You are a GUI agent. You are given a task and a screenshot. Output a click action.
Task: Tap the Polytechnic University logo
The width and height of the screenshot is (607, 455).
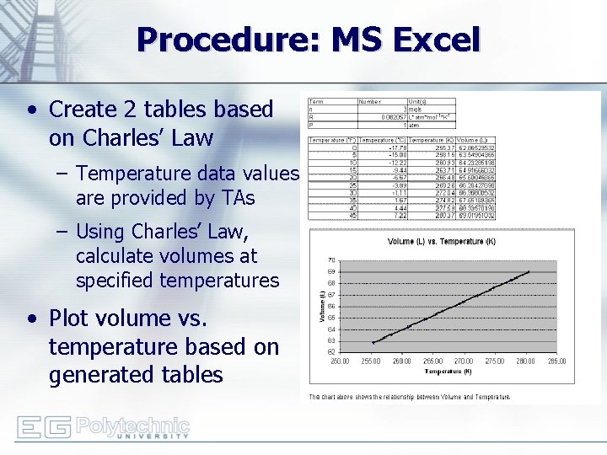pyautogui.click(x=103, y=427)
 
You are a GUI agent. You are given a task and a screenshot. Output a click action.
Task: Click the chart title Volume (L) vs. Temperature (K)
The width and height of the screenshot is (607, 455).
pyautogui.click(x=441, y=242)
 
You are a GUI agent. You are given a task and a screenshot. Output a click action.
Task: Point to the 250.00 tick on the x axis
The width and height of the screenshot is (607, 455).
pyautogui.click(x=341, y=361)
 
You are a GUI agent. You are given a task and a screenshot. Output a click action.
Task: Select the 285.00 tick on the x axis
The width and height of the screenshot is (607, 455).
pyautogui.click(x=556, y=361)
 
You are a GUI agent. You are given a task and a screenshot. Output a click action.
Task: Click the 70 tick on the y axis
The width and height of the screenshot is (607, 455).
pyautogui.click(x=331, y=260)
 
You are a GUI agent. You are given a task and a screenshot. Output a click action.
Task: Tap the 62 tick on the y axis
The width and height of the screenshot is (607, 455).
pyautogui.click(x=331, y=351)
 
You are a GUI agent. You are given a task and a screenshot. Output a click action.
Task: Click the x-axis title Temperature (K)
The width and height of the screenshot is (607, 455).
pyautogui.click(x=449, y=372)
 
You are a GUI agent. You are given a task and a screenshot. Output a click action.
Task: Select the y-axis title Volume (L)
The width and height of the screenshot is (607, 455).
pyautogui.click(x=321, y=306)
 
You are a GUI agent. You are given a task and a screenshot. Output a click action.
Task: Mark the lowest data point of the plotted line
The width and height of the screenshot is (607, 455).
pyautogui.click(x=373, y=342)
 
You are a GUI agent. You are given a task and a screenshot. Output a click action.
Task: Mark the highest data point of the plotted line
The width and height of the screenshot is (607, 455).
pyautogui.click(x=529, y=271)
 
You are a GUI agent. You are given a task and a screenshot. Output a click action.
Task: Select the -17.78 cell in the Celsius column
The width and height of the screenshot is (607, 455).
pyautogui.click(x=397, y=147)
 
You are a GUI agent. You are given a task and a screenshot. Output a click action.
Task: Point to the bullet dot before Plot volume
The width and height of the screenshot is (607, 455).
pyautogui.click(x=31, y=318)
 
